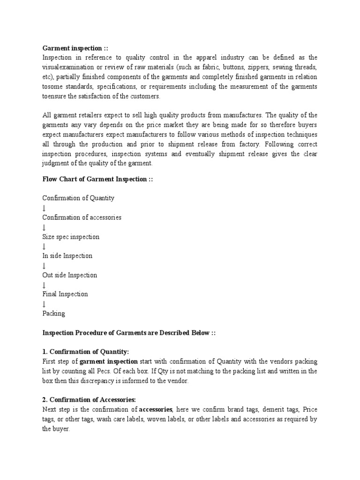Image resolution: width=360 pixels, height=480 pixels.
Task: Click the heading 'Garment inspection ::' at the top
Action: pyautogui.click(x=75, y=48)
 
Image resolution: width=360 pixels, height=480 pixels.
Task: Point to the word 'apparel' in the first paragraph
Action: pyautogui.click(x=200, y=58)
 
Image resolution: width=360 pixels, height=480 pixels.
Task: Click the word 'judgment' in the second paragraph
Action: pyautogui.click(x=56, y=164)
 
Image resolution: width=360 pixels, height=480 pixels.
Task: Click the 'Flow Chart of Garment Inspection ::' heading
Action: pyautogui.click(x=98, y=180)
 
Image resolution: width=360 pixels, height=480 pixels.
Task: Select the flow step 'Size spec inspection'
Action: pyautogui.click(x=71, y=237)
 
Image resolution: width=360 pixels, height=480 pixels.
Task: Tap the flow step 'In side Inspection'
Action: pyautogui.click(x=67, y=256)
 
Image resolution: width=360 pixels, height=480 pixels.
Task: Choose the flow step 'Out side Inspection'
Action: pyautogui.click(x=70, y=275)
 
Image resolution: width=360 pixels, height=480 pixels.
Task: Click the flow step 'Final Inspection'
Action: pyautogui.click(x=65, y=294)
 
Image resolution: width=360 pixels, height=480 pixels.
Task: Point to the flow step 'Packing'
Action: pyautogui.click(x=54, y=314)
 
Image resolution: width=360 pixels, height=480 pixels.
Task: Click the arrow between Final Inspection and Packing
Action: pyautogui.click(x=44, y=304)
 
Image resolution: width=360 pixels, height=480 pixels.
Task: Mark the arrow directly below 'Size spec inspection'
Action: pyautogui.click(x=44, y=247)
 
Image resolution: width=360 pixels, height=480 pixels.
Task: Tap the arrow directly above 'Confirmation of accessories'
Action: pyautogui.click(x=44, y=208)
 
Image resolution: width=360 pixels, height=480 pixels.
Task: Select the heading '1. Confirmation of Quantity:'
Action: pyautogui.click(x=85, y=352)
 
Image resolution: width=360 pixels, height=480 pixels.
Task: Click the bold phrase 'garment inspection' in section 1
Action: pyautogui.click(x=109, y=361)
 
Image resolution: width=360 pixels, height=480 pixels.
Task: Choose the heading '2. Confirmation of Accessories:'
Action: pyautogui.click(x=89, y=400)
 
